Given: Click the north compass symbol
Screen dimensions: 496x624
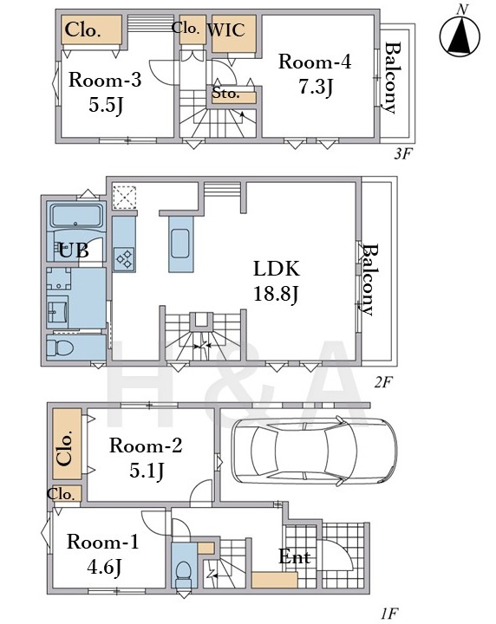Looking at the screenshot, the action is pos(460,35).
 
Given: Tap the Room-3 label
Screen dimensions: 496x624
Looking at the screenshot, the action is pos(105,80).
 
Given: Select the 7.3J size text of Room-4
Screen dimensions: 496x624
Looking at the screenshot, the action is pos(316,88).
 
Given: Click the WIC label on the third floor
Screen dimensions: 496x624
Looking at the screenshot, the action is pos(226,30).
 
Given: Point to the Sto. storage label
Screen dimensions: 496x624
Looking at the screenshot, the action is pos(225,94).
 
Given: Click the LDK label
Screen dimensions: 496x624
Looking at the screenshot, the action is pos(277,269).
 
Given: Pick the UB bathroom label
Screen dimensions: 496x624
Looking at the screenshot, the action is pos(74,250).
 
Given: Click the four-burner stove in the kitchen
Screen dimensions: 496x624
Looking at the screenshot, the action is pos(124,259).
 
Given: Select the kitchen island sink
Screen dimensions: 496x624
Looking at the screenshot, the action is pos(180,244).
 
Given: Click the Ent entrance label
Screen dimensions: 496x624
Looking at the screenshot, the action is pos(295,556).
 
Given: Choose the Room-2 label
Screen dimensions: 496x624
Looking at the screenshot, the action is pos(146,445).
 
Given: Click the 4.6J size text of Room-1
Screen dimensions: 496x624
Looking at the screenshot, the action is pos(104,567).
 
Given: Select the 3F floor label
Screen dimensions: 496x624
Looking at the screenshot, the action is pos(402,153).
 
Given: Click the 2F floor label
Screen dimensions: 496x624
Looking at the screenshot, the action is pos(383,382).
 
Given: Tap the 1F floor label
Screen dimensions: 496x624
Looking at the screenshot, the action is pos(389,614).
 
